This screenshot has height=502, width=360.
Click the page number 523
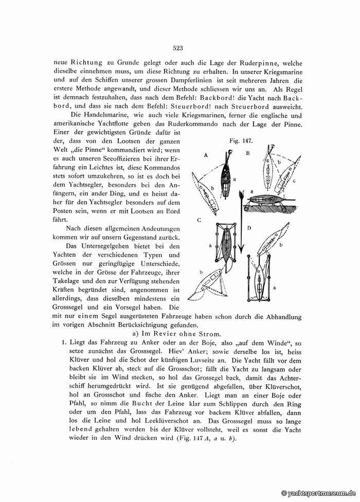tap(178, 49)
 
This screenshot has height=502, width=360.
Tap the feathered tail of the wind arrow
tap(239, 196)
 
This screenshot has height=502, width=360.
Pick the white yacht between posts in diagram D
tap(261, 280)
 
